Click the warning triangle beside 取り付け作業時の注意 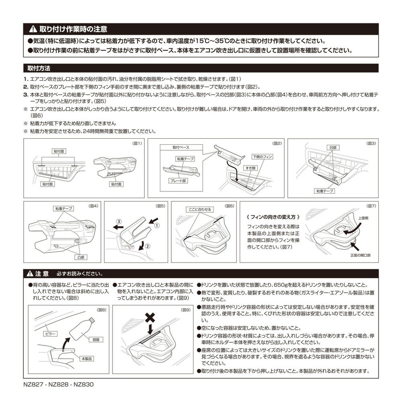click(x=33, y=29)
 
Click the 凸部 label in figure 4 click(x=82, y=256)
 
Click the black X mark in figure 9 click(x=150, y=318)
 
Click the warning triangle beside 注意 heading click(x=30, y=274)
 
